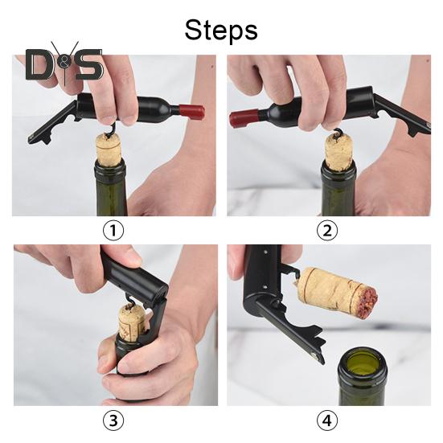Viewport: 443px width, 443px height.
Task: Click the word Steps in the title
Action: coord(221,31)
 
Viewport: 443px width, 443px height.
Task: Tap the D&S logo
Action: coord(64,64)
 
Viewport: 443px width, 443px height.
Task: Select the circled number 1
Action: coord(113,230)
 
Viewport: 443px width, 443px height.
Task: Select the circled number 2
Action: coord(327,230)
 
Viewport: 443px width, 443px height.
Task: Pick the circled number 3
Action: coord(113,420)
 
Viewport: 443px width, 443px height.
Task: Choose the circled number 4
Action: coord(327,420)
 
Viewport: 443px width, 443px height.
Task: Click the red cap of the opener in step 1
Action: coord(191,111)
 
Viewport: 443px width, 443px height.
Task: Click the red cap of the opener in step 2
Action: coord(244,117)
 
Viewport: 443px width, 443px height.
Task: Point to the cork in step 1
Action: coord(109,150)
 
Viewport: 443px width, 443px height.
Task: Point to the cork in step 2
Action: coord(338,152)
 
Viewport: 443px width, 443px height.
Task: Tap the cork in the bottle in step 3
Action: coord(132,321)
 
